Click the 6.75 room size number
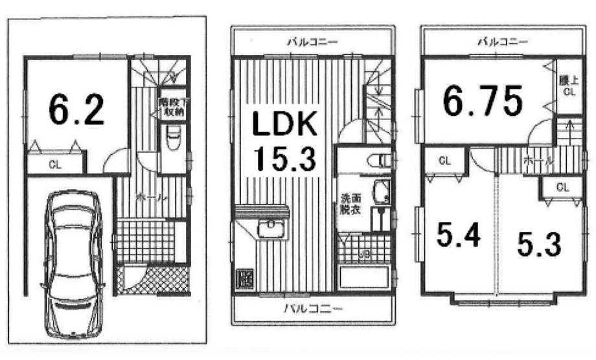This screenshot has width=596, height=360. (x=483, y=102)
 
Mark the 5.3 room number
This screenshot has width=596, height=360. (x=539, y=243)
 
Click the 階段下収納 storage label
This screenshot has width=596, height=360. (x=172, y=106)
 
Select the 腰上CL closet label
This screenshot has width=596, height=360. (x=568, y=85)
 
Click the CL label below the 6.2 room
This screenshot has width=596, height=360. (x=56, y=164)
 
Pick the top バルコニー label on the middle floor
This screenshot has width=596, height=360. (x=313, y=42)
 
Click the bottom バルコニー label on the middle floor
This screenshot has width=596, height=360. (x=312, y=308)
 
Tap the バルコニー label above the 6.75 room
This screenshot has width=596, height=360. (x=503, y=42)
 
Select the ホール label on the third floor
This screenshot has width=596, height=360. (x=534, y=159)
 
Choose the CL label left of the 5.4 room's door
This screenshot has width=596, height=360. (x=444, y=161)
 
